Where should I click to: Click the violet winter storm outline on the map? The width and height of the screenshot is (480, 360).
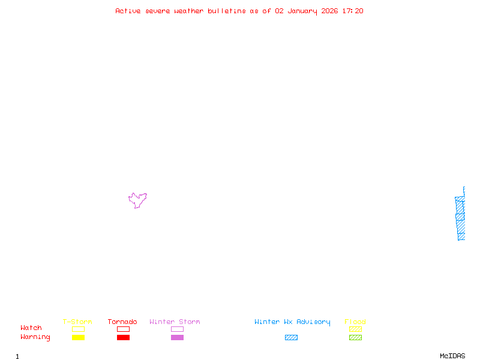137,200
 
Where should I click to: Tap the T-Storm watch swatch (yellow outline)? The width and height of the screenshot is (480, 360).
78,329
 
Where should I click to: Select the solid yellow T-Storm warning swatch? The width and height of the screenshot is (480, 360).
78,337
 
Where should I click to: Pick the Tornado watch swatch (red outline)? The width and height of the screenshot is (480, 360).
123,329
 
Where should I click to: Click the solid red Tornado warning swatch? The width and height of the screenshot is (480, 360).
123,337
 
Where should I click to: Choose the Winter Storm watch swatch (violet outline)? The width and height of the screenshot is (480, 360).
177,329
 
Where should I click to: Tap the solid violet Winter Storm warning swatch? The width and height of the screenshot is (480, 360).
177,337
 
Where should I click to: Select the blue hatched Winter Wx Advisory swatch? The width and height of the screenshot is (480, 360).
291,337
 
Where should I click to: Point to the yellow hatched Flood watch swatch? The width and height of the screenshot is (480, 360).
355,329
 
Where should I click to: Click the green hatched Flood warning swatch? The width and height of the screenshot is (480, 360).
355,337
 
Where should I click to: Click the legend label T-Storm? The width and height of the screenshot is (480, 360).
77,322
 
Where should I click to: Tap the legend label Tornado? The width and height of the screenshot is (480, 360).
122,322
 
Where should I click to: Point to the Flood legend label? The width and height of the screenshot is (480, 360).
355,322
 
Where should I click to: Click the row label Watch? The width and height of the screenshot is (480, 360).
31,328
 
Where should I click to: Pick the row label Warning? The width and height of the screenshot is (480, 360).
35,337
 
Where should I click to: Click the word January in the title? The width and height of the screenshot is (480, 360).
301,11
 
